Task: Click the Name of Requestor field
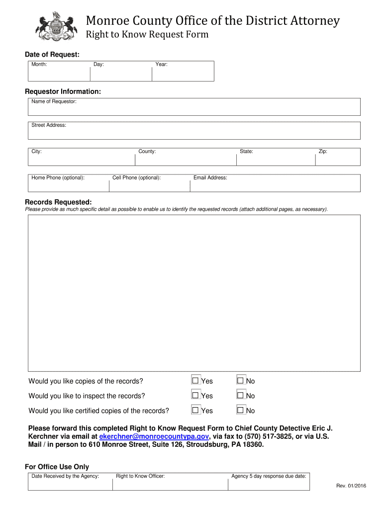point(194,108)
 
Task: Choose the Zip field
point(338,158)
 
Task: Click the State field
point(276,158)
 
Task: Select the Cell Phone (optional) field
point(149,184)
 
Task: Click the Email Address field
point(275,184)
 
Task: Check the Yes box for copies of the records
point(195,381)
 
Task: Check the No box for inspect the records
point(241,396)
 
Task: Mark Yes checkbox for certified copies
point(195,411)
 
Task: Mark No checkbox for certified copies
point(241,411)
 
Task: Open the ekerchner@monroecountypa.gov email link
point(154,436)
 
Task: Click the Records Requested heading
point(58,202)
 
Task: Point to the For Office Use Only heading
point(57,467)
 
